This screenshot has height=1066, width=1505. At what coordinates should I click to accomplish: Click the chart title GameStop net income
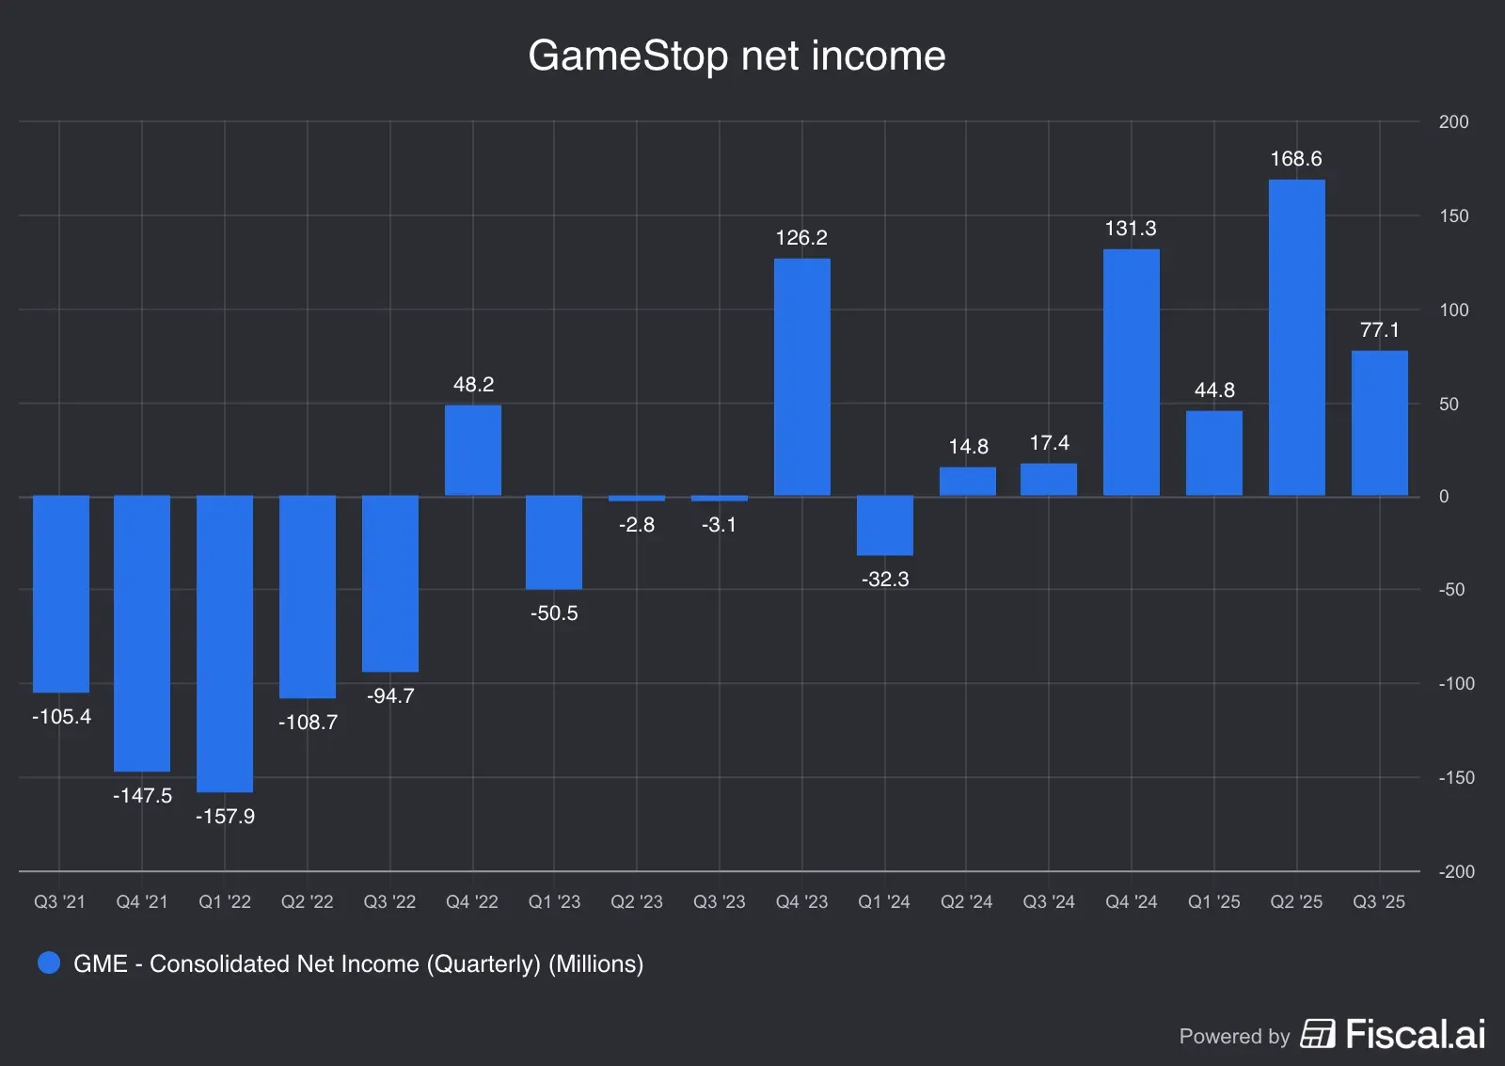[x=737, y=56]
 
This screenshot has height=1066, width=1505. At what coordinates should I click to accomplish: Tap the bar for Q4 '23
[x=801, y=376]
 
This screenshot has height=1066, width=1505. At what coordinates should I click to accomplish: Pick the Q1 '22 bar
[x=225, y=644]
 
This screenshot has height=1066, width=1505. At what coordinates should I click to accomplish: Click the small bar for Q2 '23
[x=637, y=499]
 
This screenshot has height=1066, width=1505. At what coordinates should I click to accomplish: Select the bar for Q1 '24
[x=884, y=525]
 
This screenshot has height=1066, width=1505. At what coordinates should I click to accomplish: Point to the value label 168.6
[x=1296, y=159]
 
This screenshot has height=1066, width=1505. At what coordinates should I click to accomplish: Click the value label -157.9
[x=225, y=817]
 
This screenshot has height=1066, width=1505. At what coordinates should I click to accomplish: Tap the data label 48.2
[x=473, y=384]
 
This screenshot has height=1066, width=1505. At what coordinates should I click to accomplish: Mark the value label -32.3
[x=884, y=580]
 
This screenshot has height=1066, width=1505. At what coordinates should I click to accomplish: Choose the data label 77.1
[x=1379, y=330]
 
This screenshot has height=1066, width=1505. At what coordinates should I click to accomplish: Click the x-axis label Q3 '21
[x=59, y=902]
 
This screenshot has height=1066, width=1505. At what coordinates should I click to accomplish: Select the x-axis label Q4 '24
[x=1131, y=902]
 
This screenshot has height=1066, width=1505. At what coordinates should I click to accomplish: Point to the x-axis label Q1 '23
[x=554, y=902]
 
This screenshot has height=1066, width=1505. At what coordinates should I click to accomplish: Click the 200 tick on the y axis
[x=1453, y=122]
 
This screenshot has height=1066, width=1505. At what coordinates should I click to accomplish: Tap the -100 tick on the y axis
[x=1456, y=684]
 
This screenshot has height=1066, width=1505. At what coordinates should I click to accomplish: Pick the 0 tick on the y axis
[x=1444, y=497]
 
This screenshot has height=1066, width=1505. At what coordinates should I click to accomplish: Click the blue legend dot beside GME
[x=49, y=963]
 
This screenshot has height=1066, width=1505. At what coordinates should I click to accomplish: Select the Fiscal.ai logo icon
[x=1317, y=1033]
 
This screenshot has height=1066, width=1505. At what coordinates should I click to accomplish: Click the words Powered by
[x=1234, y=1036]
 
